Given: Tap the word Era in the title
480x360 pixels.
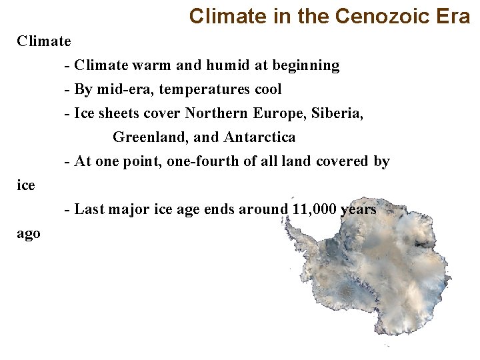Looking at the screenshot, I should click(455, 16).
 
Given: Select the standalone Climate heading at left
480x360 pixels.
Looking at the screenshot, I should click(44, 41).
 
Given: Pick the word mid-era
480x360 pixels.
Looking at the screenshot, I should click(122, 89).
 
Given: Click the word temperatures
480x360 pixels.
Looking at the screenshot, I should click(204, 89).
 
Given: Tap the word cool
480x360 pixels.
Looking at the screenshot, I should click(265, 89).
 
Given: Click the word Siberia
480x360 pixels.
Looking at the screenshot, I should click(337, 113).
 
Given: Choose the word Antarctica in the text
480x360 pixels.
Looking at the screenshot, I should click(260, 137).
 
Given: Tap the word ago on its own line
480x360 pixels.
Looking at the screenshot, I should click(28, 234).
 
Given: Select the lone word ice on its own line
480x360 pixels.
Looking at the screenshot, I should click(25, 185).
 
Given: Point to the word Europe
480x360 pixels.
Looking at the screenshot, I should click(279, 113).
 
